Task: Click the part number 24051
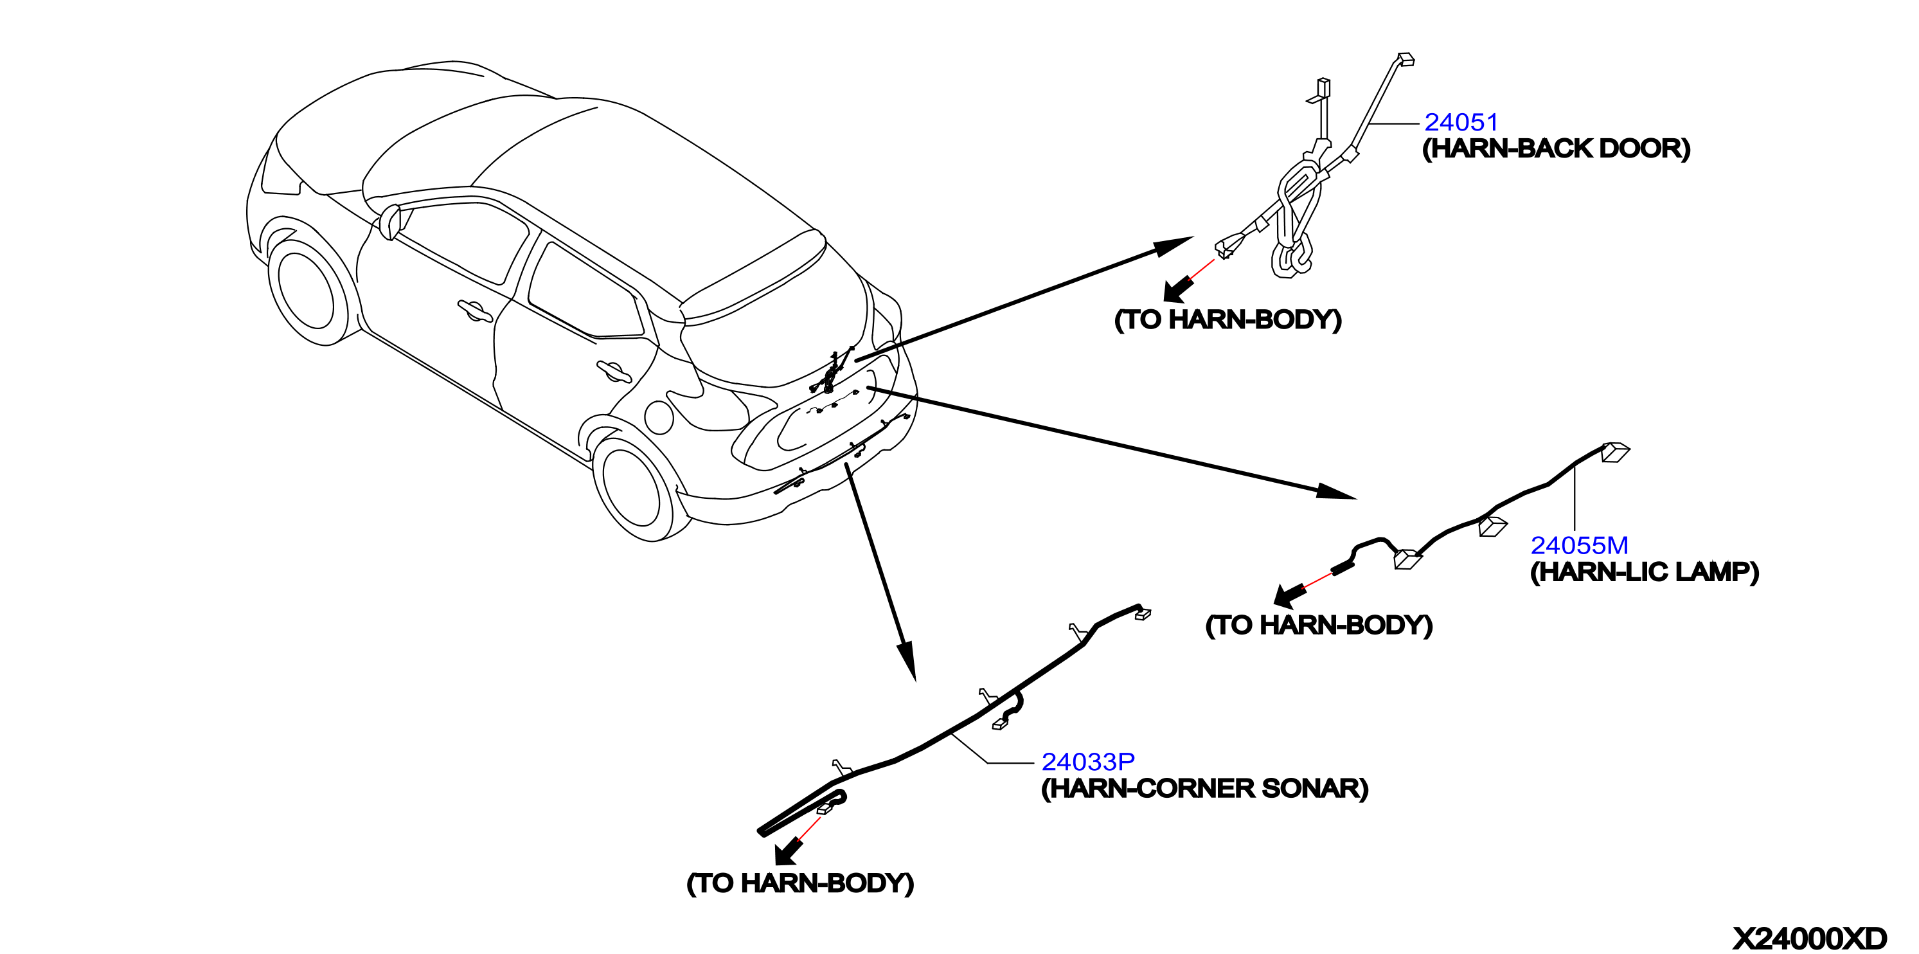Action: [x=1460, y=122]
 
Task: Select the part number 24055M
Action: [x=1579, y=546]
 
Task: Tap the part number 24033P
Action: [x=1087, y=762]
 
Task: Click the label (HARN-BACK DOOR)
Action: [x=1556, y=148]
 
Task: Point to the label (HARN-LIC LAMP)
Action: [x=1644, y=571]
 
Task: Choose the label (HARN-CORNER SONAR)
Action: [x=1204, y=789]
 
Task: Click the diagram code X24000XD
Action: [x=1810, y=937]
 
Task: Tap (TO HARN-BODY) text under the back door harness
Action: [x=1227, y=319]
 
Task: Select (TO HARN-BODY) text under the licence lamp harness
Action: [x=1319, y=625]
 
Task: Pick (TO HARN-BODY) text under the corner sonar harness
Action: [x=800, y=883]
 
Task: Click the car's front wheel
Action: [x=307, y=291]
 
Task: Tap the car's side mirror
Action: [x=390, y=221]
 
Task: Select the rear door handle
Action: [x=614, y=371]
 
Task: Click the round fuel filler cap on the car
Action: [x=659, y=417]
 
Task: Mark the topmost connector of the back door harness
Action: [x=1406, y=59]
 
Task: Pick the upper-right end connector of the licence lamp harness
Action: [x=1614, y=452]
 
